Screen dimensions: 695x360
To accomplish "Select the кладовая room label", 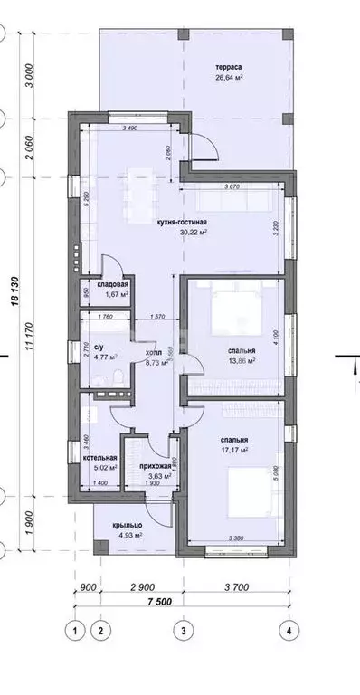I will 113,284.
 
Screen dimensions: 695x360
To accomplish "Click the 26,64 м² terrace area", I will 231,78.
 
